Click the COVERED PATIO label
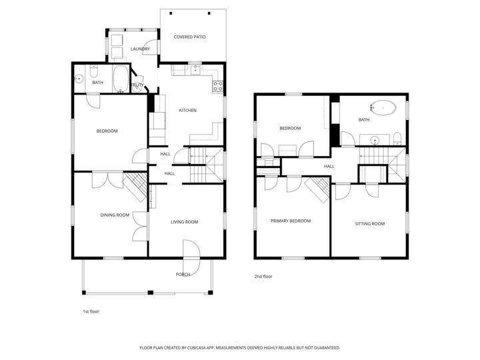pyautogui.click(x=189, y=37)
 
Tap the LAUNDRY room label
pyautogui.click(x=140, y=49)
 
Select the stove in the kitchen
pyautogui.click(x=217, y=85)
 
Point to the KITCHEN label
pyautogui.click(x=187, y=110)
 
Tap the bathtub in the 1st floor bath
pyautogui.click(x=121, y=80)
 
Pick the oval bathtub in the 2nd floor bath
pyautogui.click(x=383, y=107)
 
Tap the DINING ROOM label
pyautogui.click(x=115, y=215)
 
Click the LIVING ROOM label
pyautogui.click(x=185, y=222)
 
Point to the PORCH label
pyautogui.click(x=183, y=274)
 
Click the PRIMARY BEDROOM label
pyautogui.click(x=290, y=221)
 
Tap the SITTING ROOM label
pyautogui.click(x=369, y=223)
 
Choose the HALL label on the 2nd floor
pyautogui.click(x=329, y=166)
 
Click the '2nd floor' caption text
pyautogui.click(x=263, y=276)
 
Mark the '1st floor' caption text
pyautogui.click(x=90, y=311)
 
